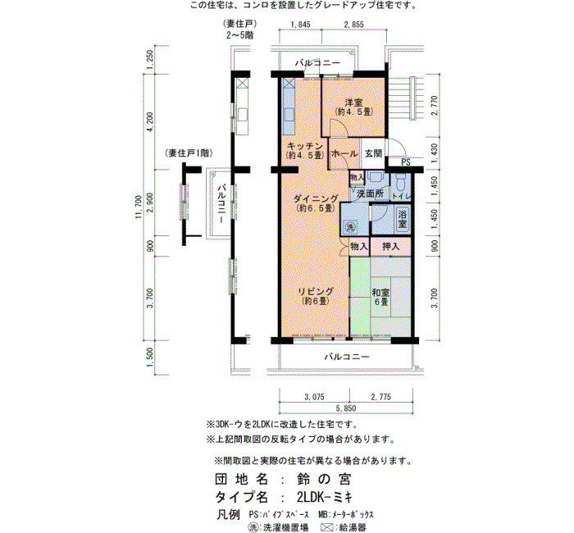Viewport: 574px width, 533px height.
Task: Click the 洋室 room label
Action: (x=353, y=102)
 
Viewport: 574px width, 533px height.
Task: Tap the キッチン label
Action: (x=304, y=146)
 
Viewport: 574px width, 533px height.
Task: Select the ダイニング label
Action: (x=316, y=198)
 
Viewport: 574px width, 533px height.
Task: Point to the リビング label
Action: (x=316, y=292)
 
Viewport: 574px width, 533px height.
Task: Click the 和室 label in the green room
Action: (x=380, y=293)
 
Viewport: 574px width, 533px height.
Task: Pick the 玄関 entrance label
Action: (x=373, y=153)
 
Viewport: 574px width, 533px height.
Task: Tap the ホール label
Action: (x=344, y=154)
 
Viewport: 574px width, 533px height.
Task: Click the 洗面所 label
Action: (x=370, y=194)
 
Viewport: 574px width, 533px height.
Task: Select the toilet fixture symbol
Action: (x=400, y=180)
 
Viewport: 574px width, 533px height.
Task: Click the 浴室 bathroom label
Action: (x=403, y=219)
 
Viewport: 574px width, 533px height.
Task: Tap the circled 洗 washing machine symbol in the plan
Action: (x=350, y=227)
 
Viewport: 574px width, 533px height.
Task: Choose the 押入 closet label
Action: (x=390, y=246)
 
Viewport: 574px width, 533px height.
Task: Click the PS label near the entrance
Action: (x=406, y=162)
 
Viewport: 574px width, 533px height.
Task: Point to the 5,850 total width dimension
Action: (x=345, y=408)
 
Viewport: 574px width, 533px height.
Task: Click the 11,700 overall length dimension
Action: (x=138, y=207)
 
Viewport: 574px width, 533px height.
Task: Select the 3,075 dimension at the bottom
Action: (x=314, y=397)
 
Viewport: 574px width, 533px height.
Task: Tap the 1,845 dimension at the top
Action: (x=300, y=25)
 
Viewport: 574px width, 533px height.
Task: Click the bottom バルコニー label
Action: (x=347, y=357)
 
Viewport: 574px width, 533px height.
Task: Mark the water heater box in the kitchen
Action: (x=289, y=84)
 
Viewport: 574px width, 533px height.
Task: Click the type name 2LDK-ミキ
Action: (x=325, y=497)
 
